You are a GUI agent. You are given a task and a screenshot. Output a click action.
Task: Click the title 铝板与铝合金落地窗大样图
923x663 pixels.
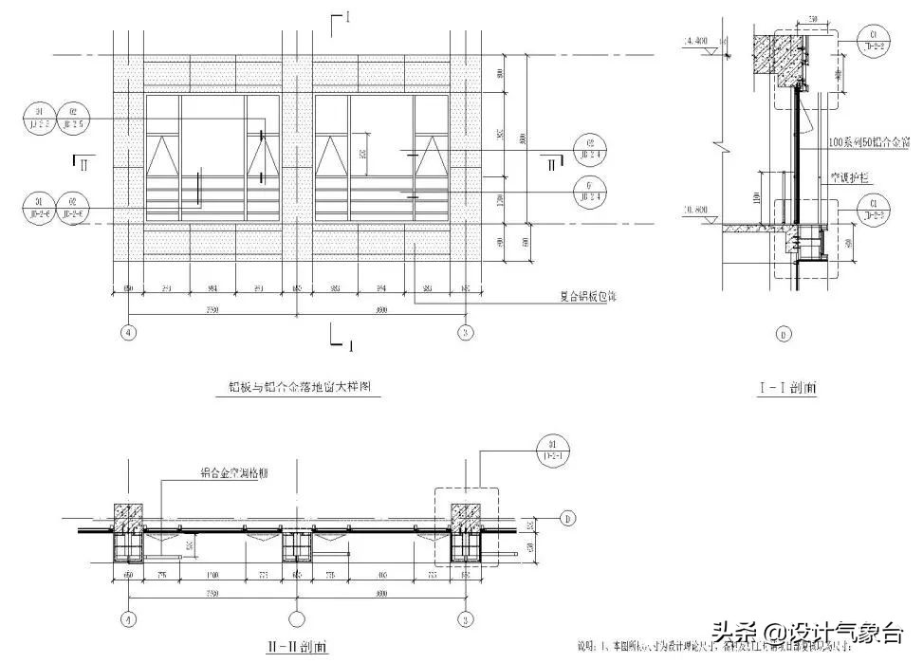pos(291,386)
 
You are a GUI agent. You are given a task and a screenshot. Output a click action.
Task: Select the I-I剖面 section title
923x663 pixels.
pos(788,387)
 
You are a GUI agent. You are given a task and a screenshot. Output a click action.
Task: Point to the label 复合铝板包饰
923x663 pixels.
pos(586,296)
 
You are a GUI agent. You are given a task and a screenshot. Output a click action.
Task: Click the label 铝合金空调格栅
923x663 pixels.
pos(232,471)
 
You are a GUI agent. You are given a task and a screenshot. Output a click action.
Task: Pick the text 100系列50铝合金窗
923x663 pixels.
pos(869,141)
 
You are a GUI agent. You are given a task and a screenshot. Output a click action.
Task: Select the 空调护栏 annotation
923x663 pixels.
pos(852,176)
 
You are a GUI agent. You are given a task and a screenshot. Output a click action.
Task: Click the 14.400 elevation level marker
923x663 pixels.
pos(696,41)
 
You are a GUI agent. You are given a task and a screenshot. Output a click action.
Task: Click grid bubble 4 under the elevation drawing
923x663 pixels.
pos(129,332)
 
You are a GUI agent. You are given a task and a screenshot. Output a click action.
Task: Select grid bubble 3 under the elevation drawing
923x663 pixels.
pos(465,332)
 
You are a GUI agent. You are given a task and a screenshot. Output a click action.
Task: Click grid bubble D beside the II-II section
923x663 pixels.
pos(567,518)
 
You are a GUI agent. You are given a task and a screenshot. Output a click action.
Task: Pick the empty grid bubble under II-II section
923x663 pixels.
pos(296,619)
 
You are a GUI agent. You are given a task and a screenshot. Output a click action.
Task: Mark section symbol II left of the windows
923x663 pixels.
pos(83,163)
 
